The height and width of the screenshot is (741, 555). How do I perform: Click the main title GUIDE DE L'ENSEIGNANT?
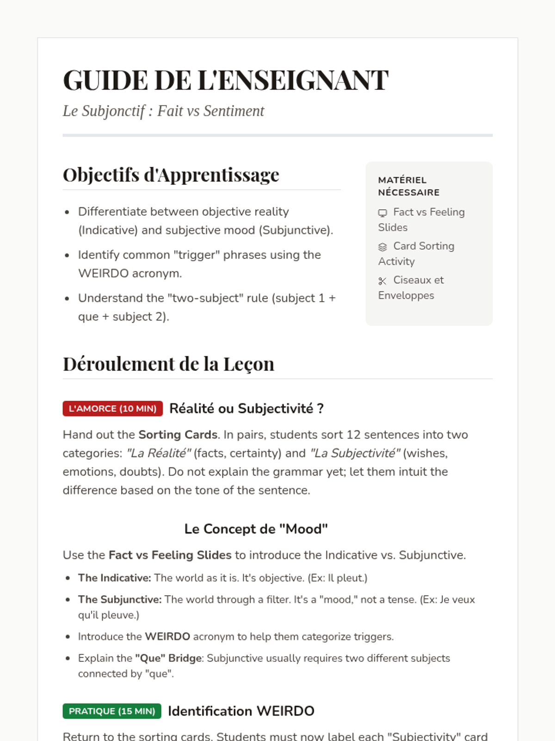(x=225, y=80)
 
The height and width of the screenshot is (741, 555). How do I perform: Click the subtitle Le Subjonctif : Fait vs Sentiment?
(x=163, y=111)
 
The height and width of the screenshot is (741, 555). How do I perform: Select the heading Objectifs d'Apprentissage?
(x=171, y=175)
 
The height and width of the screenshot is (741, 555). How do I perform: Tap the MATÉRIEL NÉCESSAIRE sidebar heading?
(x=408, y=186)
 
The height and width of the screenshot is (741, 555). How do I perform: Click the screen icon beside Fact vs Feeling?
(x=382, y=213)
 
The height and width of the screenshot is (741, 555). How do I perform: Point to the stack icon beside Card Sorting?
(x=382, y=247)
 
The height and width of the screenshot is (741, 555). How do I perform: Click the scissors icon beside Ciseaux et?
(x=382, y=281)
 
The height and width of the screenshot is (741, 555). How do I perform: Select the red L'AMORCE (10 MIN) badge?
(x=113, y=408)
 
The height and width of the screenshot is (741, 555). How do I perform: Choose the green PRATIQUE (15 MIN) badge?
(x=112, y=711)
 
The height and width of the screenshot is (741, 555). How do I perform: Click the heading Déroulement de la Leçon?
(x=168, y=364)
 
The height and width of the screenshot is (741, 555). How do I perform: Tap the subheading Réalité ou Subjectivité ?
(x=246, y=408)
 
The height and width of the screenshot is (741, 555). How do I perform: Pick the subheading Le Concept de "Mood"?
(x=256, y=529)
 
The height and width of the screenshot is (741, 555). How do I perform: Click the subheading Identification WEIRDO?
(x=241, y=711)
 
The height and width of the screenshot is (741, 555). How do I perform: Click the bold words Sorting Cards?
(x=178, y=435)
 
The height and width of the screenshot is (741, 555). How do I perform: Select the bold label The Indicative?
(x=114, y=578)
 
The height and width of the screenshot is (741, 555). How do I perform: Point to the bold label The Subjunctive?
(x=120, y=599)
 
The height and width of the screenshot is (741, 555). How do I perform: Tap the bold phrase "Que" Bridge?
(x=168, y=658)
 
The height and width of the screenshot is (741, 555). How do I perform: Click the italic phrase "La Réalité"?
(x=159, y=453)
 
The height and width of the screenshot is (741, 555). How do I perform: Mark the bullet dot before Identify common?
(x=68, y=255)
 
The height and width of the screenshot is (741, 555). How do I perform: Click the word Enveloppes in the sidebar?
(x=406, y=295)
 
